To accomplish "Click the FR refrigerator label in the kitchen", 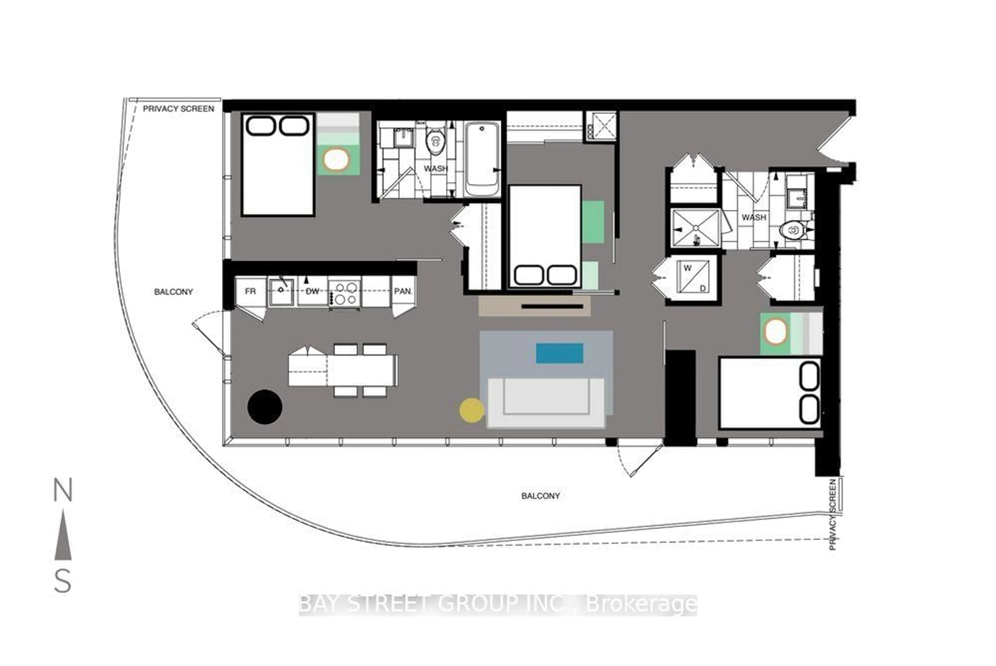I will (x=250, y=291).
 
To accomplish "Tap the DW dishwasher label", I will (x=312, y=291).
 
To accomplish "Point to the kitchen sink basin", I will (x=281, y=291).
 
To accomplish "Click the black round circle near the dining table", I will (x=265, y=406).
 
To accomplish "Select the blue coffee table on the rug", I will (x=559, y=353).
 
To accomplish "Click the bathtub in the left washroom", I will (x=482, y=159).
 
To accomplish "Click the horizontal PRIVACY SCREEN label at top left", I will (x=178, y=109).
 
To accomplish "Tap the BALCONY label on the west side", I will (x=173, y=292).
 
